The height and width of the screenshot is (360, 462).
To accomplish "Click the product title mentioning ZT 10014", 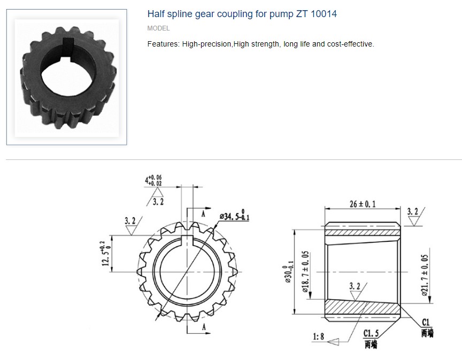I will [242, 14].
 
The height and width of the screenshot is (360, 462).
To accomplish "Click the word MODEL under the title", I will [158, 28].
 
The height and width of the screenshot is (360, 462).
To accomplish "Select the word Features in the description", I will [163, 44].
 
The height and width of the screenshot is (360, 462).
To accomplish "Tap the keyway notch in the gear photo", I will [68, 42].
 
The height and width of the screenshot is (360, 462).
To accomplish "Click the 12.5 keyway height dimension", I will [105, 253].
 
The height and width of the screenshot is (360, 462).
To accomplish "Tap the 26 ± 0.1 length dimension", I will [361, 204].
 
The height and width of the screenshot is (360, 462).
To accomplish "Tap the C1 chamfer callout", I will [426, 322].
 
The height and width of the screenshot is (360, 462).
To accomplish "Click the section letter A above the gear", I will [204, 212].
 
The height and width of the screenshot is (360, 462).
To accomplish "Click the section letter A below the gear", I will [204, 326].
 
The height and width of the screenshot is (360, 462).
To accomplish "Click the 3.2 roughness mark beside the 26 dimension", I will [413, 212].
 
